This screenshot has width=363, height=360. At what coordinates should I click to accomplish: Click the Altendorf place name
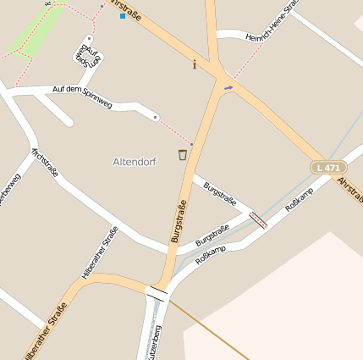click(x=135, y=161)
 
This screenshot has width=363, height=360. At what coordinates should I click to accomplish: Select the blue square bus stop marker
click(x=122, y=16)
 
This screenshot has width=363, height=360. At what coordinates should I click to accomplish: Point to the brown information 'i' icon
click(x=195, y=64)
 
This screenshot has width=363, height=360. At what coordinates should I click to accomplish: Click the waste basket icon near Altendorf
click(x=182, y=154)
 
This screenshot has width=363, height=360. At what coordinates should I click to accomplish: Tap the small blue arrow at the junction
click(x=227, y=87)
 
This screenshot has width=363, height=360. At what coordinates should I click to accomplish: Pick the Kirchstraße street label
click(x=45, y=163)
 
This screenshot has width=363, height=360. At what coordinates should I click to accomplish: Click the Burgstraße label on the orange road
click(x=179, y=220)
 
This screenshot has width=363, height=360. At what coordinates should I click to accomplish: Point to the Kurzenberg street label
click(x=153, y=341)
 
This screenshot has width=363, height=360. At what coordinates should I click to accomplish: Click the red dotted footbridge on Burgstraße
click(x=258, y=220)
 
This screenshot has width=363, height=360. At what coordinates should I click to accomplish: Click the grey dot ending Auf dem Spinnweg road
click(x=155, y=117)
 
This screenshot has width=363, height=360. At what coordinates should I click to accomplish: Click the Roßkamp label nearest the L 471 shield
click(x=299, y=199)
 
